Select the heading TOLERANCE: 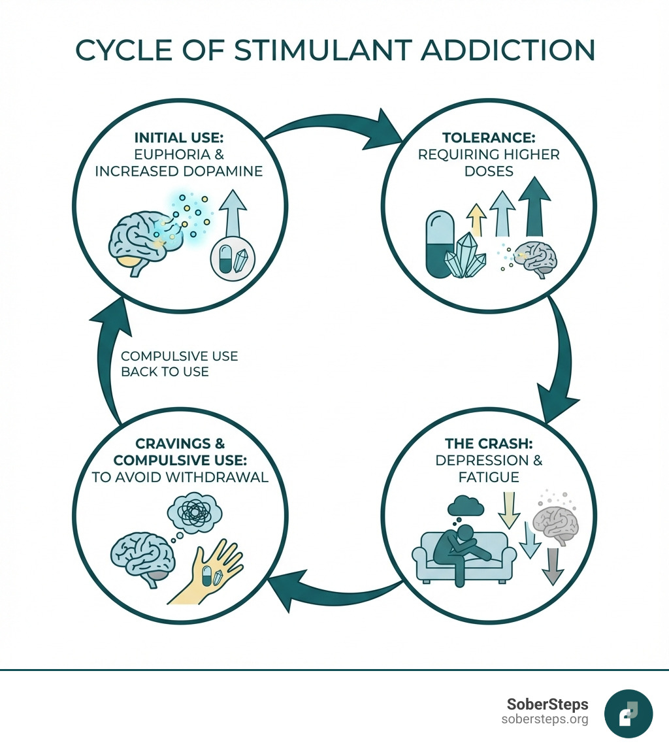489,138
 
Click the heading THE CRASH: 488,442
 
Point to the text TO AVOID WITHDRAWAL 180,477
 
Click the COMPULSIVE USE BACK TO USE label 179,364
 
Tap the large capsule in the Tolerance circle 439,243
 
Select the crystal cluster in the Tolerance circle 465,256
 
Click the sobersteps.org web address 544,719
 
